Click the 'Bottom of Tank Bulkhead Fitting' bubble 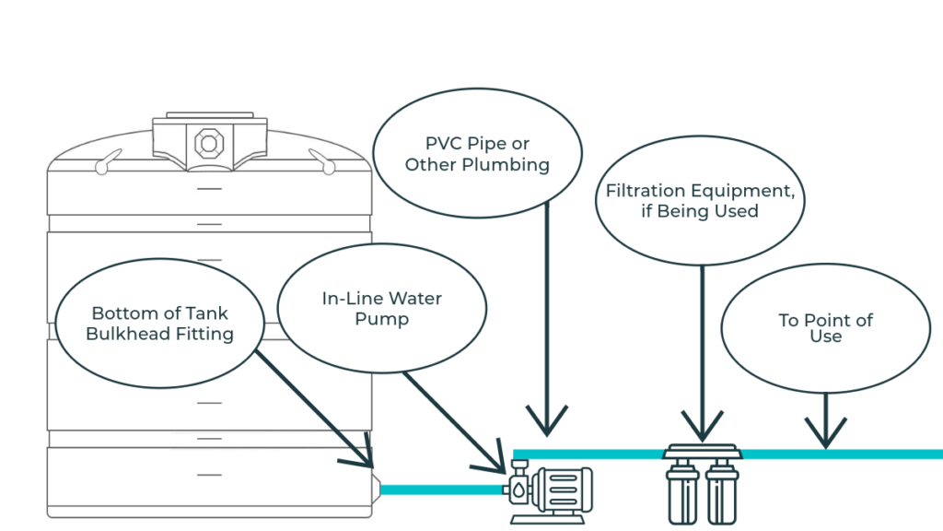tap(159, 322)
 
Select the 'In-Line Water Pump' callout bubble tap(381, 309)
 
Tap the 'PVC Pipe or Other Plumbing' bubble tap(477, 155)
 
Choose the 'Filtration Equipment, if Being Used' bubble tap(700, 201)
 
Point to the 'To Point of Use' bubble tap(825, 328)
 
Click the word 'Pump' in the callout tap(381, 320)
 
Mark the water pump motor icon tap(561, 488)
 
